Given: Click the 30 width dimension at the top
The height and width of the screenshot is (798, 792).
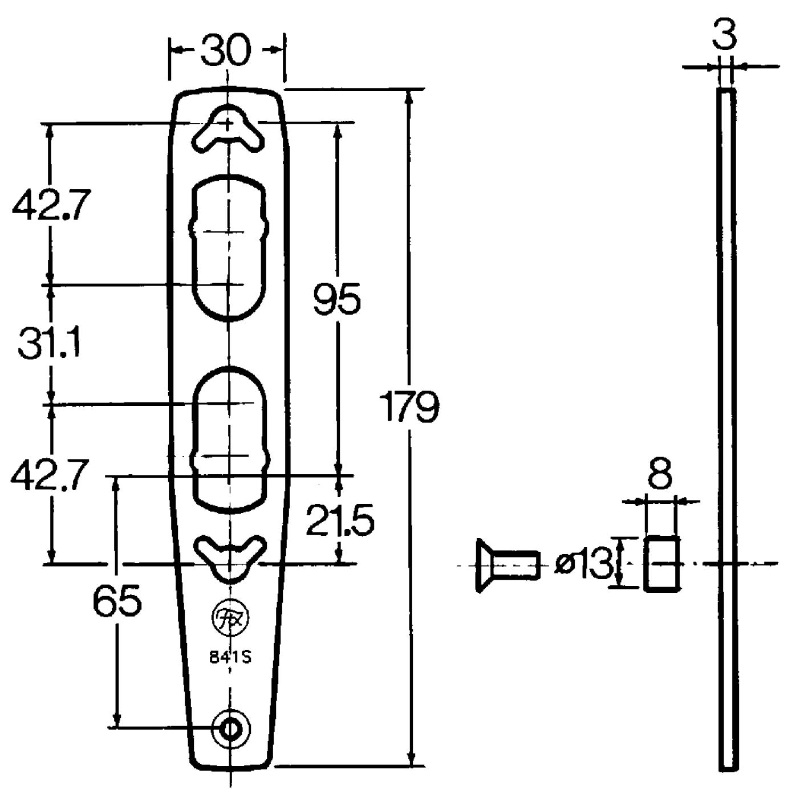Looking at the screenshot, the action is click(226, 50).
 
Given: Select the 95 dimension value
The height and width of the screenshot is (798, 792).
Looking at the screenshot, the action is click(336, 298).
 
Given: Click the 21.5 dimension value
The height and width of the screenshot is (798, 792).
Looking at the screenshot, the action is click(340, 519).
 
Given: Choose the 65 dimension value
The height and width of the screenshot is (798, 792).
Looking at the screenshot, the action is click(117, 601).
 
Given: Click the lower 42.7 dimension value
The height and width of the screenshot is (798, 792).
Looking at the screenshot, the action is click(50, 474).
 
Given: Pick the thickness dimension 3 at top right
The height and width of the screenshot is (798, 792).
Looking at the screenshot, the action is click(725, 34).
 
